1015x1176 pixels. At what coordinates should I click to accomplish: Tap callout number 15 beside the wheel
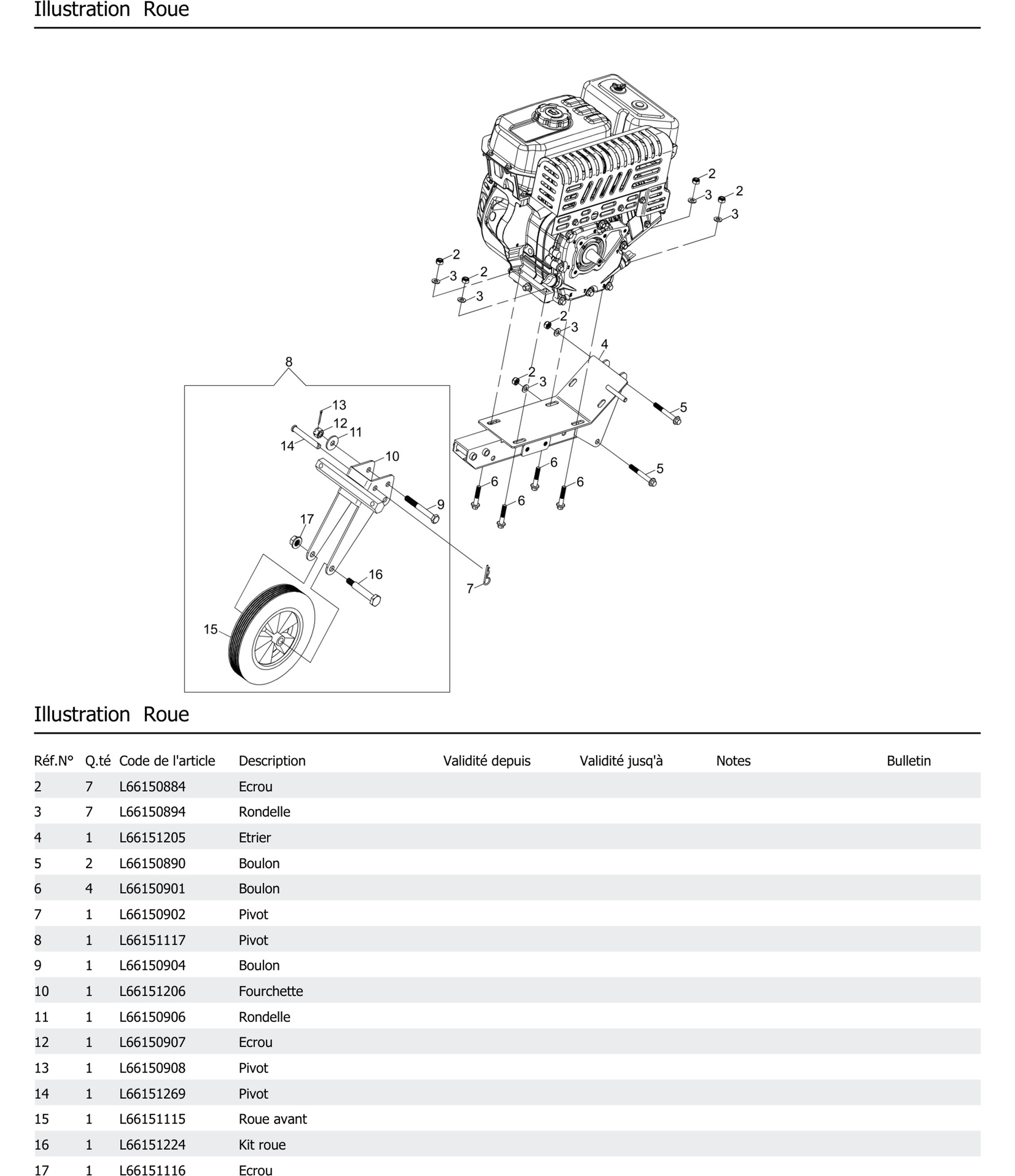point(211,629)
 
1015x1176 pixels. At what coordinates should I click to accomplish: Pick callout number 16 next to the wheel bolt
point(375,574)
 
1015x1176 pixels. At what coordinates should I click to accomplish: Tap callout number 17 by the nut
point(307,519)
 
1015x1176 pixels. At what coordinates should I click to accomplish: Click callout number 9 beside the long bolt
point(441,504)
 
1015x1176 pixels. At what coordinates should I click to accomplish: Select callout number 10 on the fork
point(392,456)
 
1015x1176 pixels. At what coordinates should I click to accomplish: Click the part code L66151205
point(152,838)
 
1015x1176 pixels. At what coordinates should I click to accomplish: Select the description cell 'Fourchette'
point(270,991)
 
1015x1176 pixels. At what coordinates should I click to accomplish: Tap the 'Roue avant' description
point(272,1119)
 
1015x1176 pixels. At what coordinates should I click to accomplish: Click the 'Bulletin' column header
point(908,761)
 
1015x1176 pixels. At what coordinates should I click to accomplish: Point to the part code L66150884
point(152,787)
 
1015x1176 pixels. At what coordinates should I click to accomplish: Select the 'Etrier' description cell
point(255,838)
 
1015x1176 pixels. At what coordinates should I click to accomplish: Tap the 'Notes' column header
point(733,761)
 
